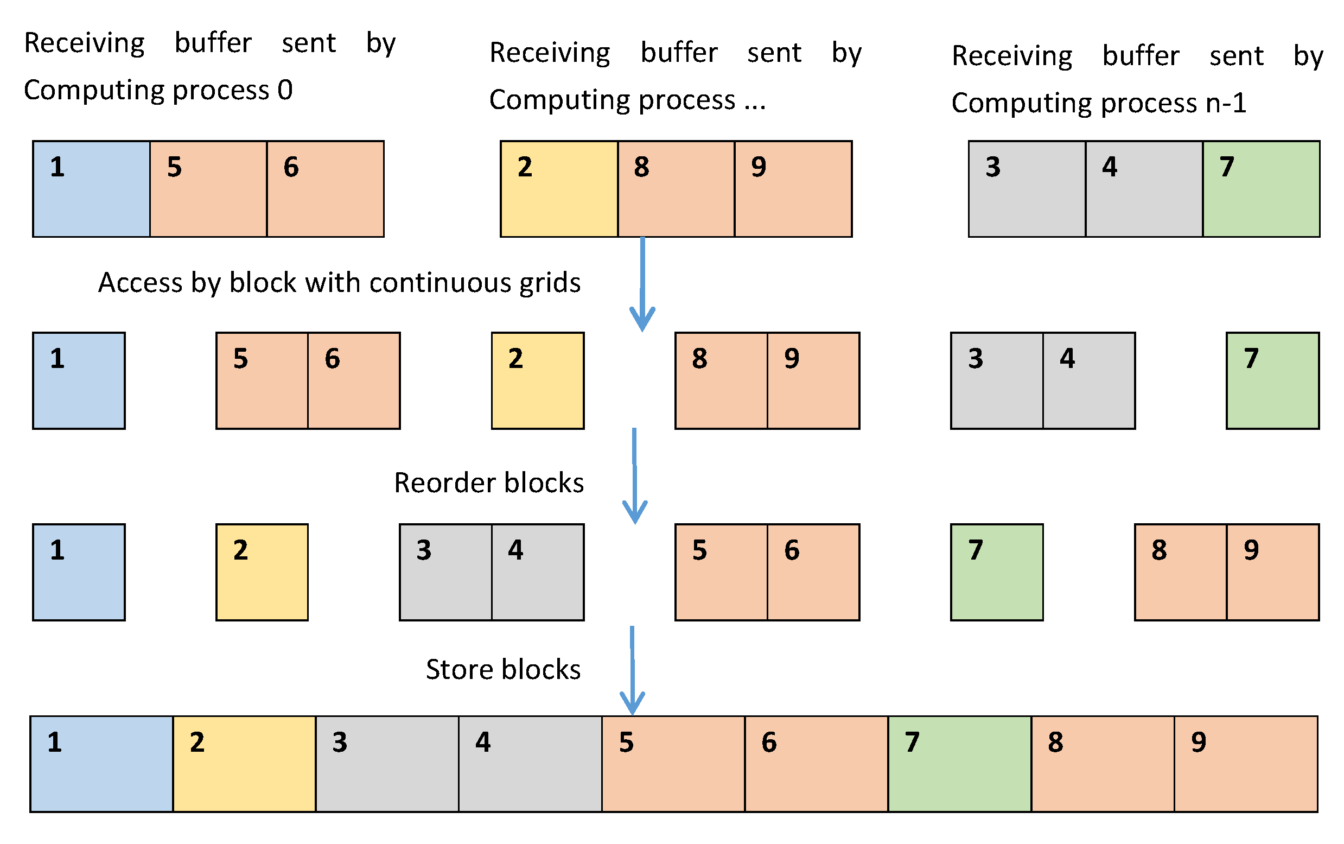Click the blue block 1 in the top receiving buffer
pyautogui.click(x=91, y=189)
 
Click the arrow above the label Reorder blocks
pyautogui.click(x=634, y=474)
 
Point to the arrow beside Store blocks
pyautogui.click(x=632, y=670)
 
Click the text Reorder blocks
pyautogui.click(x=488, y=483)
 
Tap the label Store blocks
pyautogui.click(x=502, y=669)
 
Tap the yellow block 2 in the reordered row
pyautogui.click(x=262, y=572)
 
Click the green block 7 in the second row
pyautogui.click(x=1271, y=380)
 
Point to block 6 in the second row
pyautogui.click(x=353, y=380)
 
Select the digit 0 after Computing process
pyautogui.click(x=284, y=90)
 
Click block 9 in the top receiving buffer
pyautogui.click(x=792, y=189)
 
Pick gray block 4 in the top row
pyautogui.click(x=1143, y=189)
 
